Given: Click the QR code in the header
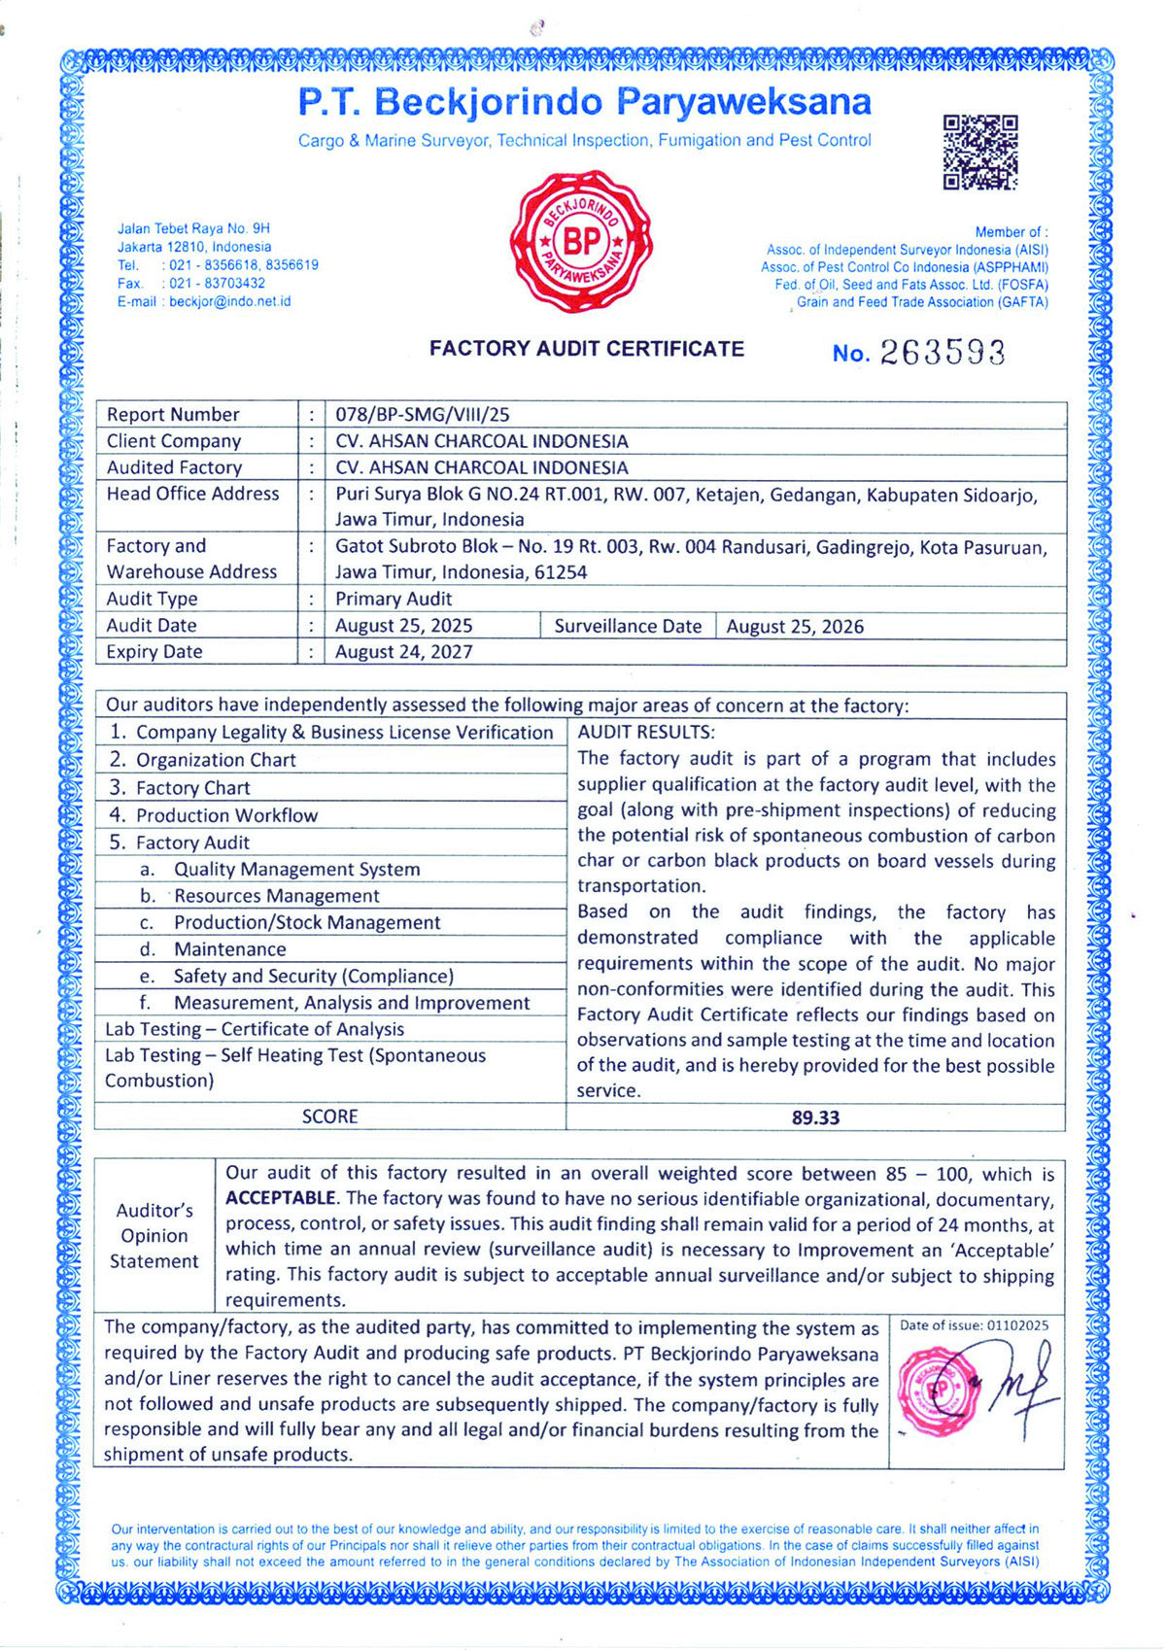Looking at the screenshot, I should point(979,152).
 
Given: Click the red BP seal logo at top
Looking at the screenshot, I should point(581,242).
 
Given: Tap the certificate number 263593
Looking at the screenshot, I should point(942,353).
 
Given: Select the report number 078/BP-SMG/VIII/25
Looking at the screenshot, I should point(422,415).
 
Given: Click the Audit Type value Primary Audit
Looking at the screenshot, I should point(394,600).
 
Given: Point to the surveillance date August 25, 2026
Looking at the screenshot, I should point(795,627).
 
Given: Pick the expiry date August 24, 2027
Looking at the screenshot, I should point(403,652).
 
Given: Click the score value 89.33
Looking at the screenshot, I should point(815,1117).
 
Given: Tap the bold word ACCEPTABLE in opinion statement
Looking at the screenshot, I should point(281,1198).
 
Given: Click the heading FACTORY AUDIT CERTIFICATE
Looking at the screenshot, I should point(587,349).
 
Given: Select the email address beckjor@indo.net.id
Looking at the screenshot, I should point(229,301).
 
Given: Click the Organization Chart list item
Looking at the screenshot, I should point(216,760).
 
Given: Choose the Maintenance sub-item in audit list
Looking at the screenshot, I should point(229,949).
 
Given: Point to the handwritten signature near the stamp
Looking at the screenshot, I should point(1020,1383).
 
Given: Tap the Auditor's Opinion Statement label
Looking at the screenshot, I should point(154,1236).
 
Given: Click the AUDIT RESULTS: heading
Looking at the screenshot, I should point(646,733).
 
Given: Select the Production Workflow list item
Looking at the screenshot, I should point(226,815).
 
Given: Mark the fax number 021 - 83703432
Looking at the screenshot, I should point(217,284).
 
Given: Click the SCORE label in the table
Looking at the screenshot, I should point(329,1117).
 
